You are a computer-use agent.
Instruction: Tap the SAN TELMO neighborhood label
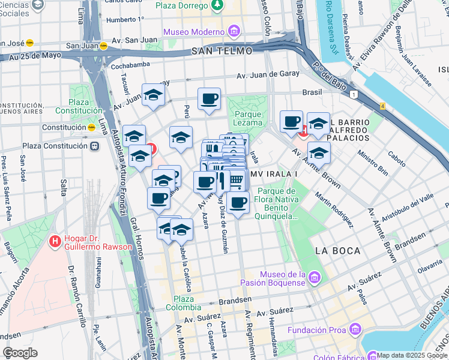click(221, 51)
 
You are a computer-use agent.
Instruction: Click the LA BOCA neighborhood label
click(337, 250)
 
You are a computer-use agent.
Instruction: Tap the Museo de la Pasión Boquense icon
click(315, 277)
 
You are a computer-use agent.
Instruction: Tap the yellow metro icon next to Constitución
click(92, 127)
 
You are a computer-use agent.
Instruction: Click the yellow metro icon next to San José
click(29, 43)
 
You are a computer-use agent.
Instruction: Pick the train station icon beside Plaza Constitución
click(94, 146)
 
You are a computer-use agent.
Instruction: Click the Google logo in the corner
click(20, 353)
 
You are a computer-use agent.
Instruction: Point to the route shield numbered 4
click(382, 106)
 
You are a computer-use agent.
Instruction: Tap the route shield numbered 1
click(355, 94)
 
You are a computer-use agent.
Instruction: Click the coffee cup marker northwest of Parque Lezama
click(209, 99)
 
